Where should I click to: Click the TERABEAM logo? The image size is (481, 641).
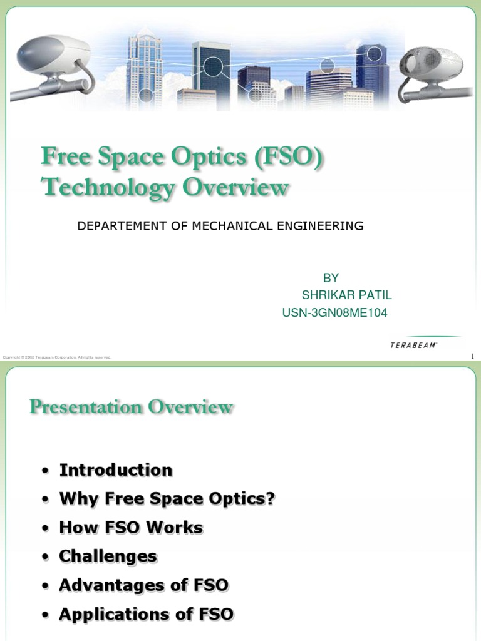pyautogui.click(x=414, y=345)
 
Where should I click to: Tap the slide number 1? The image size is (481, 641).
pyautogui.click(x=472, y=356)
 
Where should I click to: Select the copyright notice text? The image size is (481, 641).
pyautogui.click(x=57, y=357)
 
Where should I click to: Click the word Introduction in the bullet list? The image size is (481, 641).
pyautogui.click(x=115, y=470)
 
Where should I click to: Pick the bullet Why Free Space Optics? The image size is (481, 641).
pyautogui.click(x=167, y=499)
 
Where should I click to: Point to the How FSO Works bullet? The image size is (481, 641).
pyautogui.click(x=131, y=528)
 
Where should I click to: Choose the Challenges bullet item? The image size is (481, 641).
pyautogui.click(x=108, y=556)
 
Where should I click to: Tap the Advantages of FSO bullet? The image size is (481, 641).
pyautogui.click(x=143, y=585)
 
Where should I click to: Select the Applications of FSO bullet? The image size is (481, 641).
pyautogui.click(x=146, y=614)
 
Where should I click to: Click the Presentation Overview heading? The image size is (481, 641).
pyautogui.click(x=131, y=408)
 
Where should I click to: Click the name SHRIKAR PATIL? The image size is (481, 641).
pyautogui.click(x=346, y=295)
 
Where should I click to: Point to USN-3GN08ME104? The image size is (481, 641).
pyautogui.click(x=334, y=313)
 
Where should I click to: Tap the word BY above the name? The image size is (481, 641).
pyautogui.click(x=331, y=277)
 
